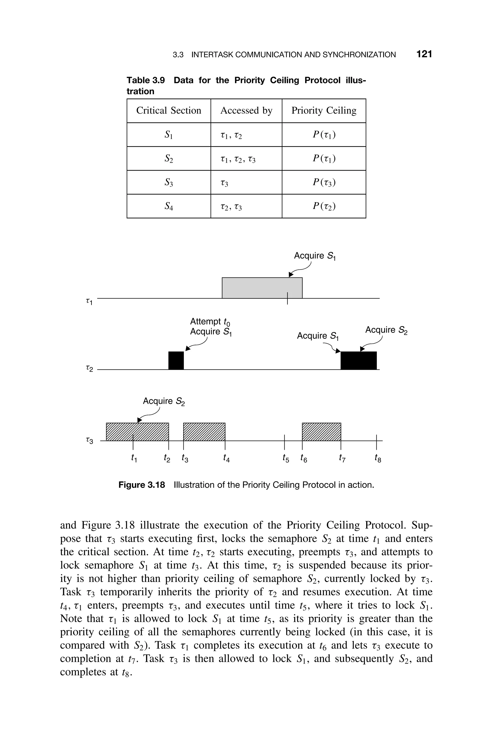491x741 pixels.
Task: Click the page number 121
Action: click(424, 54)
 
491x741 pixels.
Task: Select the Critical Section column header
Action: click(169, 110)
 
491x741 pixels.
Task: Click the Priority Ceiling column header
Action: click(324, 110)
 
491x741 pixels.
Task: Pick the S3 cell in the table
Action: click(169, 182)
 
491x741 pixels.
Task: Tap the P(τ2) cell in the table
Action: click(324, 206)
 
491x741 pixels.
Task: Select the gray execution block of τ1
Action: click(262, 288)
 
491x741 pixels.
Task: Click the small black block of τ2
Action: click(176, 360)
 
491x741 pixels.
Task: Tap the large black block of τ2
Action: click(359, 360)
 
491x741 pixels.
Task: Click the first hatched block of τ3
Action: click(137, 432)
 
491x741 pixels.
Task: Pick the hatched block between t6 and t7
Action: click(321, 432)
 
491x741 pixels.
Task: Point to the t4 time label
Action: click(226, 458)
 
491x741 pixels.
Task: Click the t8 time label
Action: click(378, 458)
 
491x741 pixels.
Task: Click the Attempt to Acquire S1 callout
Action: click(210, 326)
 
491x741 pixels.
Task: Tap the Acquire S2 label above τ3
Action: click(164, 401)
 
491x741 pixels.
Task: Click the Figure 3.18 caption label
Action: click(141, 485)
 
